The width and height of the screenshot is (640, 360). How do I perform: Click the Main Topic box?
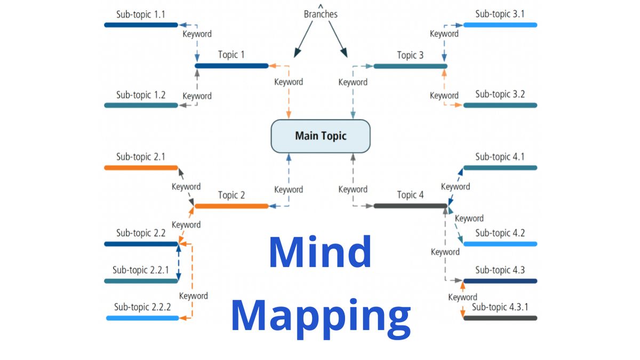tap(321, 136)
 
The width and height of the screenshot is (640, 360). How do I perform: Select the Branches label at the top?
tap(321, 14)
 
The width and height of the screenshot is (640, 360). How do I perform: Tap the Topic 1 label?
tap(231, 55)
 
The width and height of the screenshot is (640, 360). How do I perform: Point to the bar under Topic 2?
tap(231, 206)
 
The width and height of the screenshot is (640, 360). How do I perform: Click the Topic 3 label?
tap(410, 55)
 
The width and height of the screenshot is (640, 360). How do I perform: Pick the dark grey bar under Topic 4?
tap(410, 206)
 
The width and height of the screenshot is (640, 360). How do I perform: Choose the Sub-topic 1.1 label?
tap(140, 14)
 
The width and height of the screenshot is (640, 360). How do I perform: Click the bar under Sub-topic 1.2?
tap(141, 105)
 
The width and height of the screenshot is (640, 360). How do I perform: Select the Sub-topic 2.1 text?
tap(140, 157)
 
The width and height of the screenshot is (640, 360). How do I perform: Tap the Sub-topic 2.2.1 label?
tap(140, 270)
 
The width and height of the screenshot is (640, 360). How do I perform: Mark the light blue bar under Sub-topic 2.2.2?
tap(142, 318)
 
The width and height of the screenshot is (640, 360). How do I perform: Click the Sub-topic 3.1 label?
tap(500, 14)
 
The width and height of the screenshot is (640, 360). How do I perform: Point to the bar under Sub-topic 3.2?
tap(500, 105)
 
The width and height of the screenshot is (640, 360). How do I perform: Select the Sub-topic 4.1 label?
tap(500, 157)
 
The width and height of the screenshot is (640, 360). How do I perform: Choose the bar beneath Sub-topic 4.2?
tap(500, 244)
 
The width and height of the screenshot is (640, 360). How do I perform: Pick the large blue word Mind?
tap(320, 252)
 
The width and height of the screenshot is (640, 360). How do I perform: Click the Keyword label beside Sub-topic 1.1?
tap(197, 34)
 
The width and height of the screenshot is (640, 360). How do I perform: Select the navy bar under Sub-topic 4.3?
tap(500, 281)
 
